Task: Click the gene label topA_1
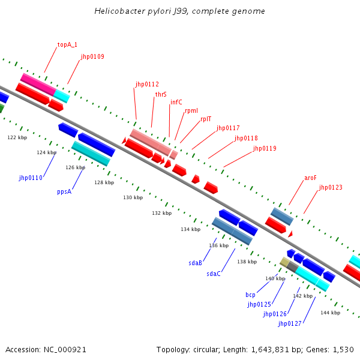pyautogui.click(x=67, y=44)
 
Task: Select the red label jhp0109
pyautogui.click(x=92, y=57)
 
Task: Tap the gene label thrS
pyautogui.click(x=161, y=94)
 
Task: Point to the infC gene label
pyautogui.click(x=176, y=102)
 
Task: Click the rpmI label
pyautogui.click(x=191, y=110)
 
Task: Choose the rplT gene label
pyautogui.click(x=206, y=119)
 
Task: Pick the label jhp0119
pyautogui.click(x=265, y=148)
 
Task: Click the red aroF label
pyautogui.click(x=310, y=178)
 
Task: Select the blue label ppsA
pyautogui.click(x=64, y=192)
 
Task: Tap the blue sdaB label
pyautogui.click(x=195, y=262)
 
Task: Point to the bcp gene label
pyautogui.click(x=251, y=295)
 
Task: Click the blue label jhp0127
pyautogui.click(x=289, y=324)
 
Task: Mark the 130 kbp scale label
pyautogui.click(x=133, y=197)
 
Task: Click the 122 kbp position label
pyautogui.click(x=17, y=137)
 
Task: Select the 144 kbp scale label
pyautogui.click(x=330, y=313)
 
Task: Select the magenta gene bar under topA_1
pyautogui.click(x=38, y=83)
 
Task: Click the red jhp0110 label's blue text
pyautogui.click(x=31, y=178)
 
